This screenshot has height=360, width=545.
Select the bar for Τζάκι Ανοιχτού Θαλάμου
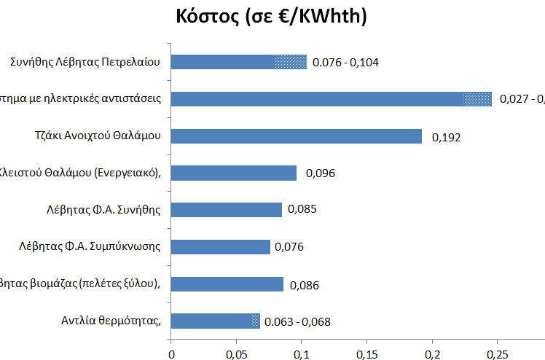pos(296,136)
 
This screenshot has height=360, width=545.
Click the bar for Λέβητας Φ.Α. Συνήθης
pos(226,210)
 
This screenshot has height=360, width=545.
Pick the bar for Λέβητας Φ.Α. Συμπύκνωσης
pos(220,246)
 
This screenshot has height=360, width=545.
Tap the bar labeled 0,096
pos(233,173)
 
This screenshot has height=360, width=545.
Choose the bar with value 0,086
pos(227,283)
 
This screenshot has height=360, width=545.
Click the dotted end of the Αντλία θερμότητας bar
pos(255,320)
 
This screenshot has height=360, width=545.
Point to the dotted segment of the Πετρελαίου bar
pos(291,62)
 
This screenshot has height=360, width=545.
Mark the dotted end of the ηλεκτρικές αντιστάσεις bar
pos(477,99)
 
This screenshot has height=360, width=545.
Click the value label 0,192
pos(446,136)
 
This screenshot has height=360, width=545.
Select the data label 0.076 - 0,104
pos(345,63)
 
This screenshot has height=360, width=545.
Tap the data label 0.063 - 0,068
pos(297,321)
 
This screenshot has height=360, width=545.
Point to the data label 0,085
pos(302,210)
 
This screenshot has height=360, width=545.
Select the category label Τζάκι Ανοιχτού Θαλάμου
pos(108,136)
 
